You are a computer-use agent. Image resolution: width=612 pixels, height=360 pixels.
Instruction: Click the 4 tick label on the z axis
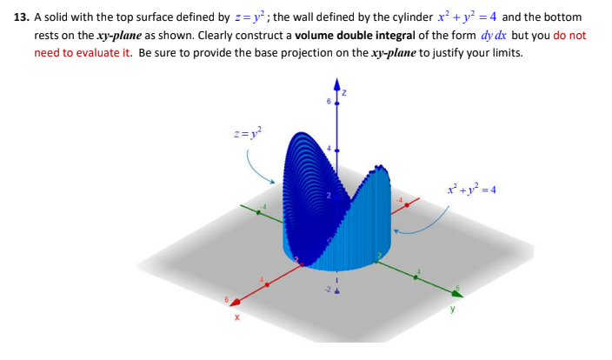tap(329, 149)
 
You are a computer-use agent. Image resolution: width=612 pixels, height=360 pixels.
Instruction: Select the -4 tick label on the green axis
tap(258, 207)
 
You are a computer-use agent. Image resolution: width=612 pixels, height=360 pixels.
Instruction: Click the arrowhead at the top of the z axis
tap(338, 83)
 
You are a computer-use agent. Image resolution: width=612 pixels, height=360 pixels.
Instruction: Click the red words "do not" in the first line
tap(569, 36)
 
